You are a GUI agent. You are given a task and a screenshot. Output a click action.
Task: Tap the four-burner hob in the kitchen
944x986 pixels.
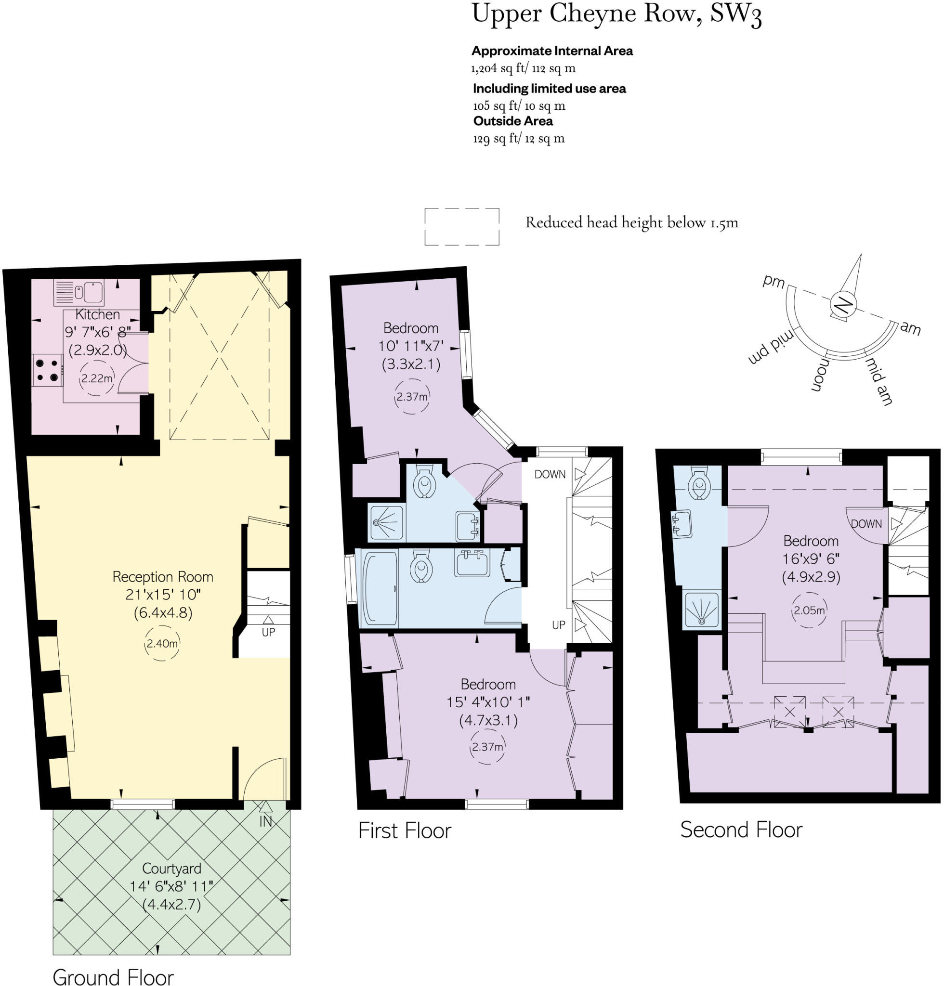click(x=47, y=370)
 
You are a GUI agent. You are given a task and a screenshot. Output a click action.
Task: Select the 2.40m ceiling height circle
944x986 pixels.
click(x=162, y=643)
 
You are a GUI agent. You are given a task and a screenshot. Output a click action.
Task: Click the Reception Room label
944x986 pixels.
click(x=162, y=576)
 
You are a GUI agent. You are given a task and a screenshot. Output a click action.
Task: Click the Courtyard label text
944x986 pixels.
click(x=171, y=868)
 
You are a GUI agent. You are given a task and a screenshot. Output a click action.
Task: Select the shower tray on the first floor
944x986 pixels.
click(x=387, y=523)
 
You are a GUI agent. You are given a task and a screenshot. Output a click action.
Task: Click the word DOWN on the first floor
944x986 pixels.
click(x=550, y=474)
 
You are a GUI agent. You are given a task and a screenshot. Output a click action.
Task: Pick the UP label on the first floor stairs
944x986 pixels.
click(x=559, y=625)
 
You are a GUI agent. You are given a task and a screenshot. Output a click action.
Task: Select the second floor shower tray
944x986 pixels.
click(x=702, y=610)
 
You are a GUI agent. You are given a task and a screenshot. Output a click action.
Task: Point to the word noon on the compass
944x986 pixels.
click(x=819, y=375)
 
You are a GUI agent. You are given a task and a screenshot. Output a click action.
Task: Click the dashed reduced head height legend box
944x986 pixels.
click(x=461, y=226)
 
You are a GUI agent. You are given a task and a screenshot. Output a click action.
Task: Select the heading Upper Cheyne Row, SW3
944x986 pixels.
click(x=616, y=15)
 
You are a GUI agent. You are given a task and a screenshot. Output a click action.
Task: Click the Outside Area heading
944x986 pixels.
click(x=513, y=121)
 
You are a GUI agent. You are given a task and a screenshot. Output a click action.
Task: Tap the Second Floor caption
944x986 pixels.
click(x=741, y=830)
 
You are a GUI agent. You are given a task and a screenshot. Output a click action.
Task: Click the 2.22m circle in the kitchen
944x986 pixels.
click(x=97, y=378)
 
